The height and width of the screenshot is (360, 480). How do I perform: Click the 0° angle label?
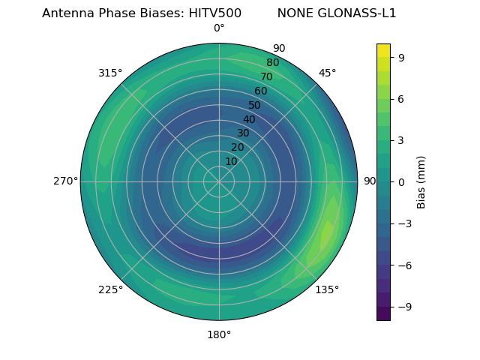click(x=219, y=28)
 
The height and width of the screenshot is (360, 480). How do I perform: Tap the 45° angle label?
click(x=327, y=73)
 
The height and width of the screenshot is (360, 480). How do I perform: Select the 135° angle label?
click(x=327, y=289)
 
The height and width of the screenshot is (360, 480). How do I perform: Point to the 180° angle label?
click(x=219, y=334)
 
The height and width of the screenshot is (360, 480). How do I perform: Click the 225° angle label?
click(x=110, y=289)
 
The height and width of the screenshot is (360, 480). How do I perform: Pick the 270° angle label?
click(x=66, y=181)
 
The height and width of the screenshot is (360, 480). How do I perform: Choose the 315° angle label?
click(x=110, y=73)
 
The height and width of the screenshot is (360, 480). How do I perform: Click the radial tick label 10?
click(x=231, y=161)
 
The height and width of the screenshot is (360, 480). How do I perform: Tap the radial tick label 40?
click(x=249, y=119)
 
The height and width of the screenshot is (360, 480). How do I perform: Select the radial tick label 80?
click(x=272, y=63)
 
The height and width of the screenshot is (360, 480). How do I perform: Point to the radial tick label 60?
click(x=260, y=91)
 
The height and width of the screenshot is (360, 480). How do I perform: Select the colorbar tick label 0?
click(x=402, y=181)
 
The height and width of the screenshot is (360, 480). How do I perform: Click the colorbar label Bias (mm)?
click(x=421, y=181)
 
